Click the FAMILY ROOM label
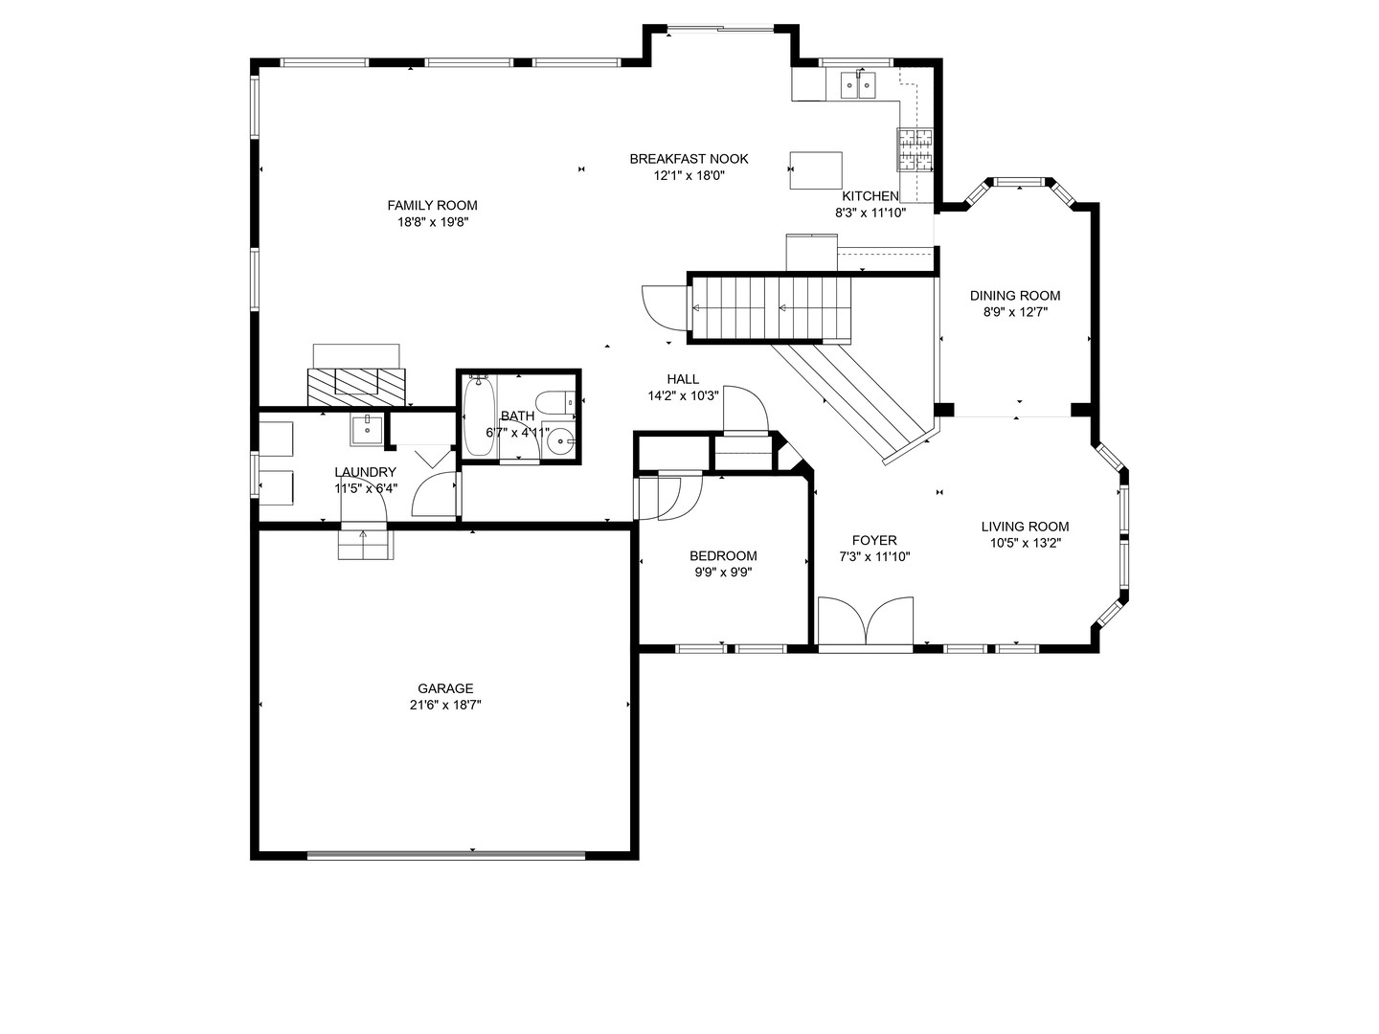coord(432,205)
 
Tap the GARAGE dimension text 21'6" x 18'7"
coord(445,705)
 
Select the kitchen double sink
coord(858,85)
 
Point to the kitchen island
coord(816,170)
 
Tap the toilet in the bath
coord(556,402)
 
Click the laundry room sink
coord(366,430)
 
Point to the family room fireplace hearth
coord(356,387)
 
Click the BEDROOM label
coord(723,555)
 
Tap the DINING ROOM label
coord(1015,296)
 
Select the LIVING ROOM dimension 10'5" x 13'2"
coord(1026,543)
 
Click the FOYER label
coord(874,540)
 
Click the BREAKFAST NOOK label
coord(689,159)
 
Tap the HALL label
coord(683,379)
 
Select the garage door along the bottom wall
coord(445,855)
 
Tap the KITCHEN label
coord(870,196)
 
